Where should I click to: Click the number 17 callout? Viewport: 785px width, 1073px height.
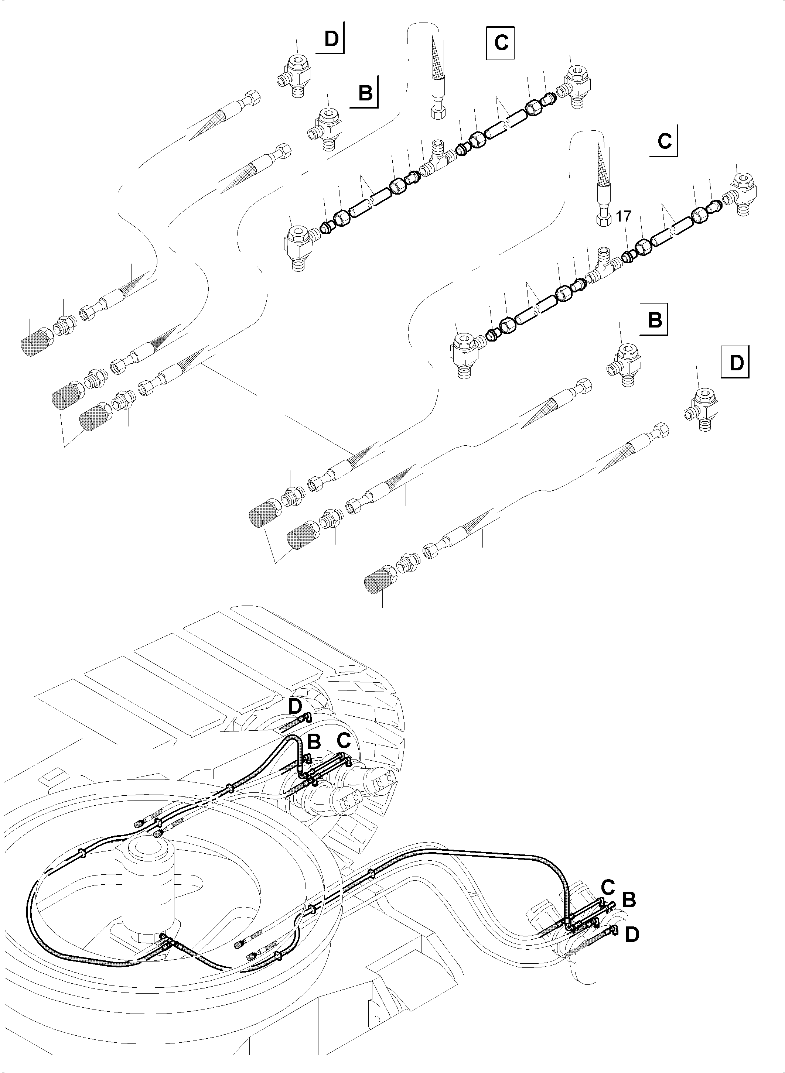pos(624,216)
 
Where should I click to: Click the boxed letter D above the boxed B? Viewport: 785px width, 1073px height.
pos(330,38)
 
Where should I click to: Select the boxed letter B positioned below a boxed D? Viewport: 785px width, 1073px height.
pos(365,92)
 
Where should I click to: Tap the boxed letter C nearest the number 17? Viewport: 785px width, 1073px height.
pos(664,141)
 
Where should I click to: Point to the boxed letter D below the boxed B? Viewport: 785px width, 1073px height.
pos(735,363)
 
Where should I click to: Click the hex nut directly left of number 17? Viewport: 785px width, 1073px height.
pos(602,219)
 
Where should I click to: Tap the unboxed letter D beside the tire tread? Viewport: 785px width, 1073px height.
pos(295,720)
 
